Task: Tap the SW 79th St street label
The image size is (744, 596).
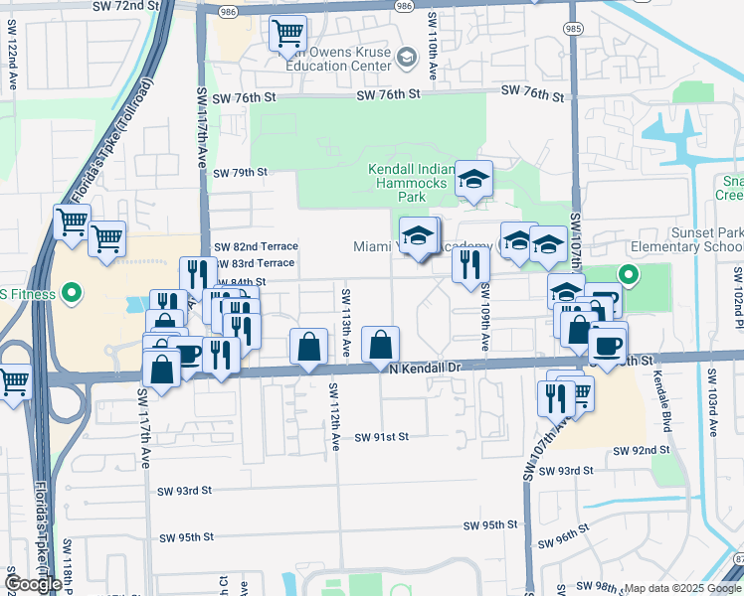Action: point(242,172)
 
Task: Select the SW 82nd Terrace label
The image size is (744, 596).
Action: point(256,246)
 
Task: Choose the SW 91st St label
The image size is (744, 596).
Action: point(382,437)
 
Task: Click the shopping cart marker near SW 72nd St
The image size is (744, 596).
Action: point(287,33)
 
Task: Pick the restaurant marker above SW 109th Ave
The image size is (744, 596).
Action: point(470,264)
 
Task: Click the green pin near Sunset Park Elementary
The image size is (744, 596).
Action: point(628,274)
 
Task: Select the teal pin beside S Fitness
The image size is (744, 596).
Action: point(70,293)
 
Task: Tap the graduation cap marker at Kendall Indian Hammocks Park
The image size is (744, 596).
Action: point(473,179)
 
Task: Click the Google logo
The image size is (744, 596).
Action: point(33,584)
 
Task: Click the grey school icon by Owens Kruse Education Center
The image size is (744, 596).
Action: point(405,58)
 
